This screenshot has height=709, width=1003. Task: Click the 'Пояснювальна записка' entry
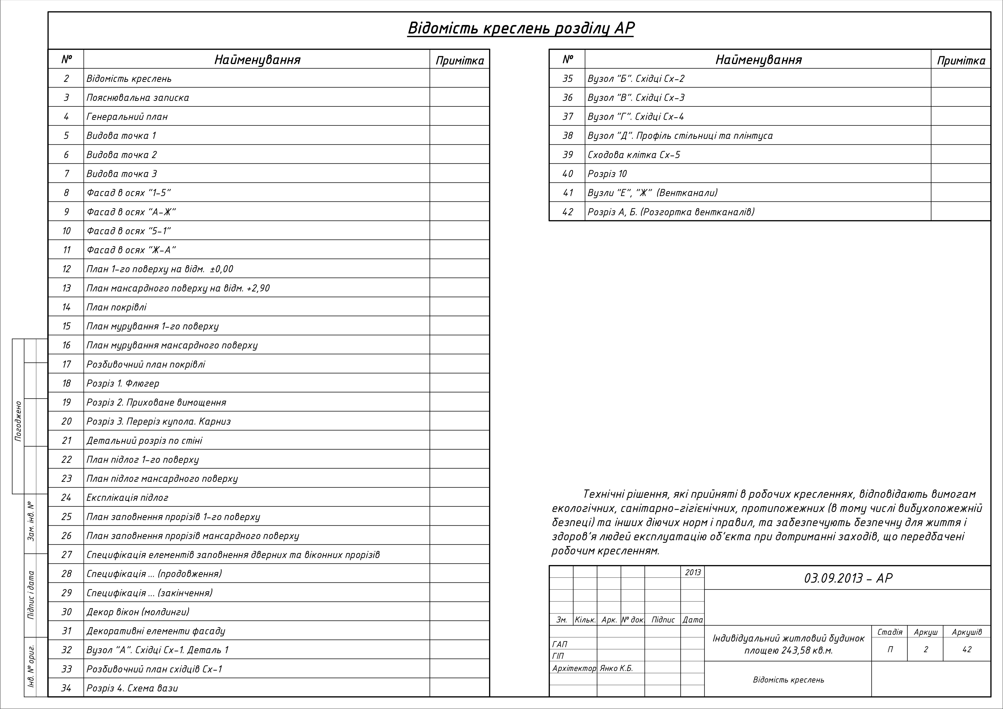[138, 97]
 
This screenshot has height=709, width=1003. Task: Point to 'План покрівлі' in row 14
[117, 307]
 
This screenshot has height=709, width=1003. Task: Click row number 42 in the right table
[567, 212]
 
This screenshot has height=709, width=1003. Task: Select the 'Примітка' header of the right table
[961, 60]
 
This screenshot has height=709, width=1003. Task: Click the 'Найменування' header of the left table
[257, 59]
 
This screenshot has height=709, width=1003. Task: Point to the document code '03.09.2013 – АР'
[848, 578]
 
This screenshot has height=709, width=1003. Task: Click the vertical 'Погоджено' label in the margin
[18, 421]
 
